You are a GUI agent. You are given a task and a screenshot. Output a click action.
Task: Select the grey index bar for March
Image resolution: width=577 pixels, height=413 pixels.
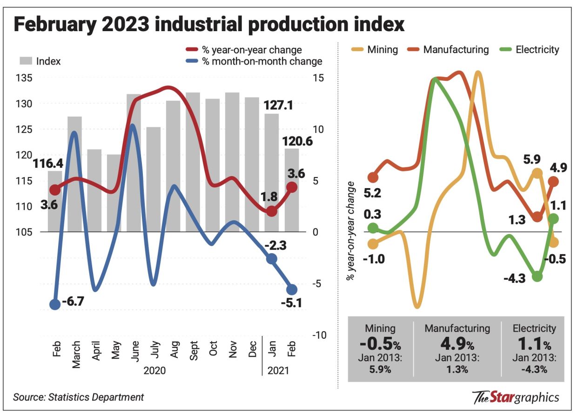(x=74, y=174)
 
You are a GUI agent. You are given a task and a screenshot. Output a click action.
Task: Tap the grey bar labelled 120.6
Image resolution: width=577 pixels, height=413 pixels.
(x=292, y=190)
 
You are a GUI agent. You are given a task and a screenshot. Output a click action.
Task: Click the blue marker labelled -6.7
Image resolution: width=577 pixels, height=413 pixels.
(x=55, y=304)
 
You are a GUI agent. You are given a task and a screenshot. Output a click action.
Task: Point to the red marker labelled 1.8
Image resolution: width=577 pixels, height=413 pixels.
(x=272, y=211)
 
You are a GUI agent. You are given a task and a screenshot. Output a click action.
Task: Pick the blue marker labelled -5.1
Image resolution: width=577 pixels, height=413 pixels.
(x=292, y=289)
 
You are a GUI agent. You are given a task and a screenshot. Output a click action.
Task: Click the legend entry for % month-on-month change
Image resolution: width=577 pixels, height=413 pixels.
(x=261, y=61)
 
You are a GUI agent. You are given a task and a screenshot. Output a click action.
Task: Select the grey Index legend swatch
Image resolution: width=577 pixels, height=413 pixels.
(x=26, y=61)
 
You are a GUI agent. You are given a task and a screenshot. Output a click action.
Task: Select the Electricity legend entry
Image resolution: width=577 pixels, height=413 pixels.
(x=531, y=50)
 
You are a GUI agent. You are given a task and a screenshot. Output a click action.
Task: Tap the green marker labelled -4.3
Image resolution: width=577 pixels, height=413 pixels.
(x=537, y=276)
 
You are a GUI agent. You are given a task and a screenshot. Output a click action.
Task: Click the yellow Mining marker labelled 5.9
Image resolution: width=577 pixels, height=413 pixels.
(x=537, y=173)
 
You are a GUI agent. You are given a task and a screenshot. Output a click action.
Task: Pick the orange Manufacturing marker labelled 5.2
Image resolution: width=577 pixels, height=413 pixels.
(x=373, y=177)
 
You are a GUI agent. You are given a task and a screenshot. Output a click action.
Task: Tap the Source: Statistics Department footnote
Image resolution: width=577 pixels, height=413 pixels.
(x=78, y=397)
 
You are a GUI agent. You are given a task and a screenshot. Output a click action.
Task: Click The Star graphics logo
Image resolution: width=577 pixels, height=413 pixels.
(x=515, y=398)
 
